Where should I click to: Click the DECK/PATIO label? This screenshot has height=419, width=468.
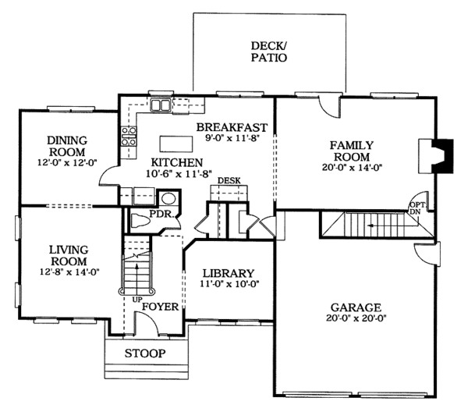(x=269, y=51)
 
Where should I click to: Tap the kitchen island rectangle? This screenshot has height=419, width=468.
(x=176, y=144)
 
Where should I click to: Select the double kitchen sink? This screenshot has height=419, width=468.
(x=160, y=105)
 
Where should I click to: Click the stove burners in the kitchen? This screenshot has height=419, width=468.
(x=129, y=137)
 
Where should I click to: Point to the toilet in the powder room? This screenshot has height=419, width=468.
(x=140, y=222)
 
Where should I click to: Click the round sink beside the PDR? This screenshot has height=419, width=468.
(x=168, y=198)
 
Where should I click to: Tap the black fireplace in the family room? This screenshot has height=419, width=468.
(x=443, y=156)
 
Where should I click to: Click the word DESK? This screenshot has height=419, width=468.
(x=229, y=181)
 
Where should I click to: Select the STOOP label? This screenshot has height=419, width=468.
(x=145, y=353)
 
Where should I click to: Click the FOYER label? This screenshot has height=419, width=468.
(x=160, y=307)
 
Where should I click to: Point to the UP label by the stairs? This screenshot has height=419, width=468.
(x=137, y=300)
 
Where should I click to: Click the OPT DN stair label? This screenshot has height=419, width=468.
(x=415, y=208)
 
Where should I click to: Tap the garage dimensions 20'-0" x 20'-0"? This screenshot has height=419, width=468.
(x=356, y=318)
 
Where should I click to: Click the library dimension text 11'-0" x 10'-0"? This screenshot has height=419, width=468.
(x=229, y=284)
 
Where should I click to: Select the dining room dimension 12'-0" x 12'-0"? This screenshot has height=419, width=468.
(x=67, y=163)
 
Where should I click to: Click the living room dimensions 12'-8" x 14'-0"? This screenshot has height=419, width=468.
(x=69, y=272)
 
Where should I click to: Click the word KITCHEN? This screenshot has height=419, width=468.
(x=177, y=163)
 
